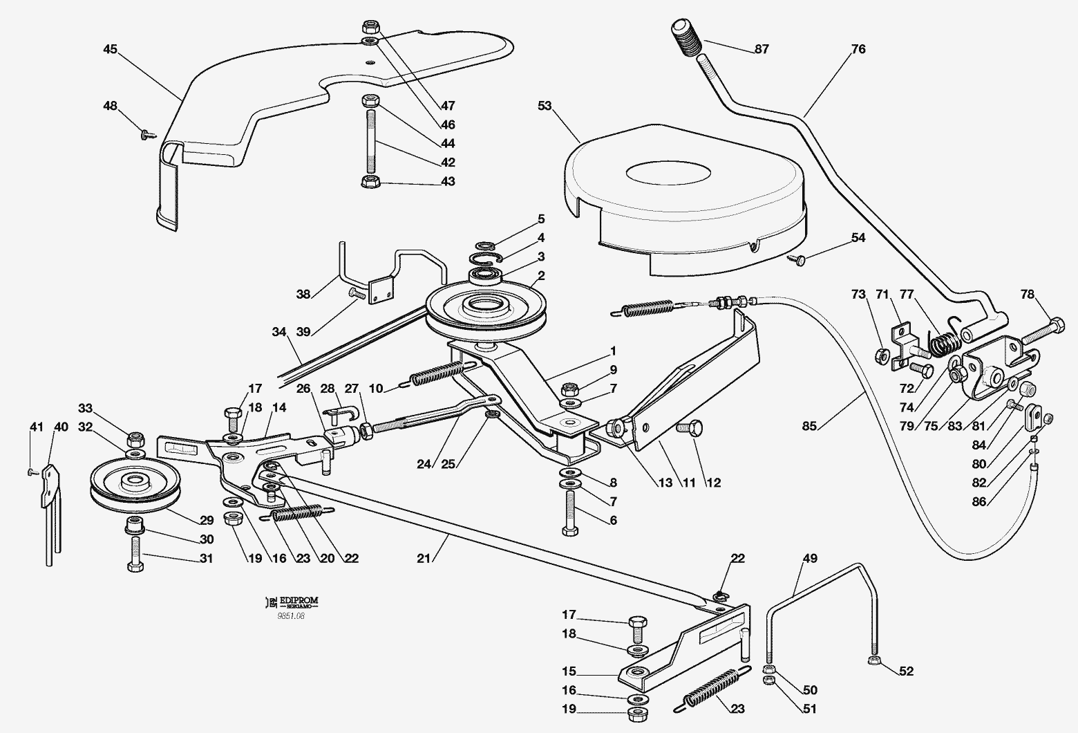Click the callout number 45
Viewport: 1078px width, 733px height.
(110, 49)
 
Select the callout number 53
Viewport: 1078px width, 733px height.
(545, 105)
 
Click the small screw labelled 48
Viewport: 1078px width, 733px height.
(147, 133)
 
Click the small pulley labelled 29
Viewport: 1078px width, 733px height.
(135, 485)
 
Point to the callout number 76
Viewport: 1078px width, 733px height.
(858, 49)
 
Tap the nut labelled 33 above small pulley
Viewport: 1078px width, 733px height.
(135, 438)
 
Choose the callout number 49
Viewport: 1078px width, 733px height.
(810, 558)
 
